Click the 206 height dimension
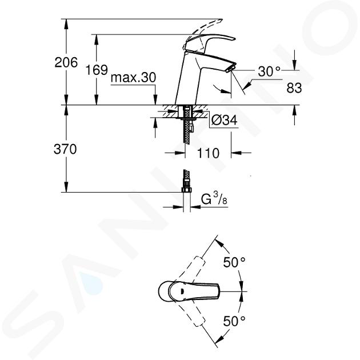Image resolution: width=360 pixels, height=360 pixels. pyautogui.click(x=66, y=62)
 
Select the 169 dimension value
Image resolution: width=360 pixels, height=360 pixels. pyautogui.click(x=97, y=70)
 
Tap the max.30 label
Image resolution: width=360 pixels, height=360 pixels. pyautogui.click(x=133, y=78)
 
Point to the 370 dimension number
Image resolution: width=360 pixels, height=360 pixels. pyautogui.click(x=65, y=149)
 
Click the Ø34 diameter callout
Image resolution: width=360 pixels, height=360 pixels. pyautogui.click(x=224, y=120)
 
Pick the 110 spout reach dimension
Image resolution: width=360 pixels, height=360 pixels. pyautogui.click(x=208, y=153)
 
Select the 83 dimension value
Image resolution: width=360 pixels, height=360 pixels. pyautogui.click(x=294, y=88)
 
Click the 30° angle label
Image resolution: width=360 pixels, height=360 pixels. pyautogui.click(x=269, y=71)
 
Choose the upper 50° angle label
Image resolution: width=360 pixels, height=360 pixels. pyautogui.click(x=234, y=262)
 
